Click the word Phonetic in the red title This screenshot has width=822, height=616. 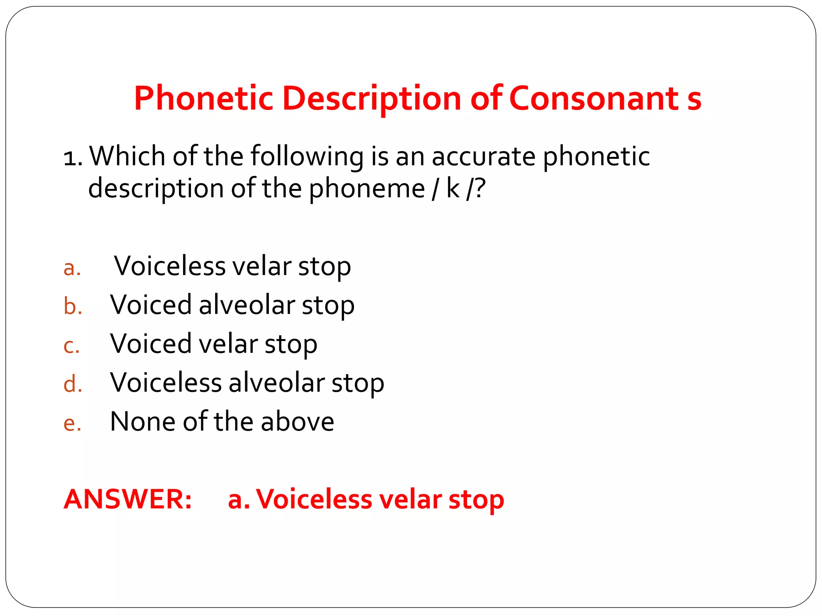point(203,98)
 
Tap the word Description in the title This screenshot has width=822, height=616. point(372,99)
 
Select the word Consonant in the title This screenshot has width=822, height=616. point(594,98)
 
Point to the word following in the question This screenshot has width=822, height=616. point(307,156)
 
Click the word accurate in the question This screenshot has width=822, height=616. point(483,156)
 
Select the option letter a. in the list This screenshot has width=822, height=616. point(72,268)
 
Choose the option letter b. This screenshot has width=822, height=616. point(73,307)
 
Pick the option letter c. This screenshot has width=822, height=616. point(71,346)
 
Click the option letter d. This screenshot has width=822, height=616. point(73,384)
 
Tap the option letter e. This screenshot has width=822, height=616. point(72,423)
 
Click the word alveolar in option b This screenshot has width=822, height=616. point(247,305)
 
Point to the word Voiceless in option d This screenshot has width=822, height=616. point(166,382)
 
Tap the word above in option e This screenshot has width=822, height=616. point(297,421)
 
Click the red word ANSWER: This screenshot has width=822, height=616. point(128,499)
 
